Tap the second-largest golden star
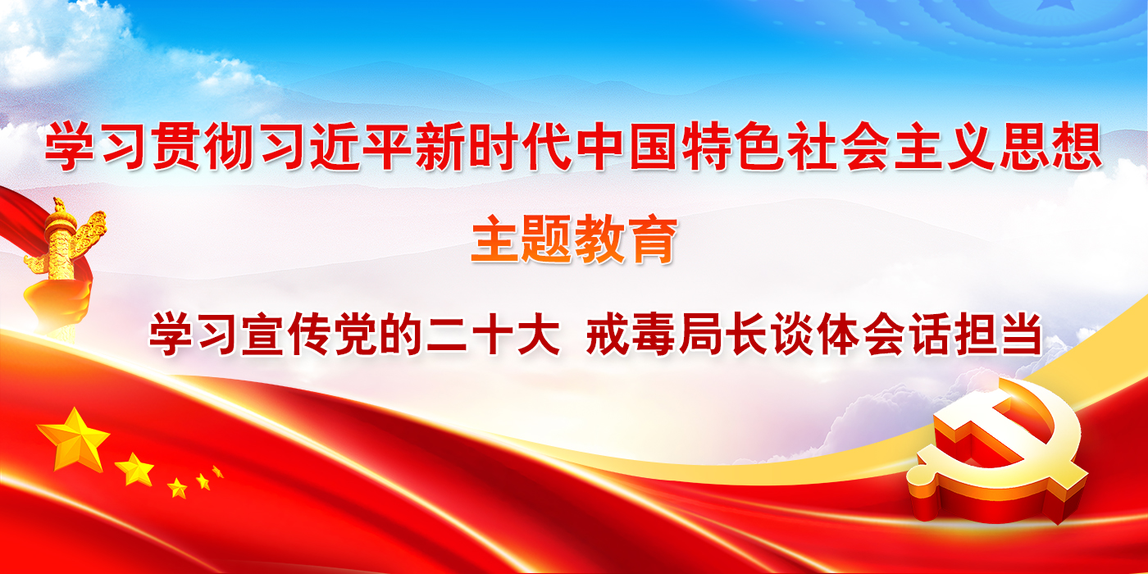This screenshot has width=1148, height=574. [x=134, y=469]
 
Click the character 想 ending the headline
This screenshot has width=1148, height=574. [x=1076, y=146]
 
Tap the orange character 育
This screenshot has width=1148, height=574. [x=651, y=239]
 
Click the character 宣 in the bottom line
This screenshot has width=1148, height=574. [x=262, y=334]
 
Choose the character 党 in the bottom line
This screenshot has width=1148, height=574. [x=356, y=334]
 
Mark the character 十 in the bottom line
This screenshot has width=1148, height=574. [x=494, y=334]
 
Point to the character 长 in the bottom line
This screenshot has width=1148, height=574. [x=746, y=334]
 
